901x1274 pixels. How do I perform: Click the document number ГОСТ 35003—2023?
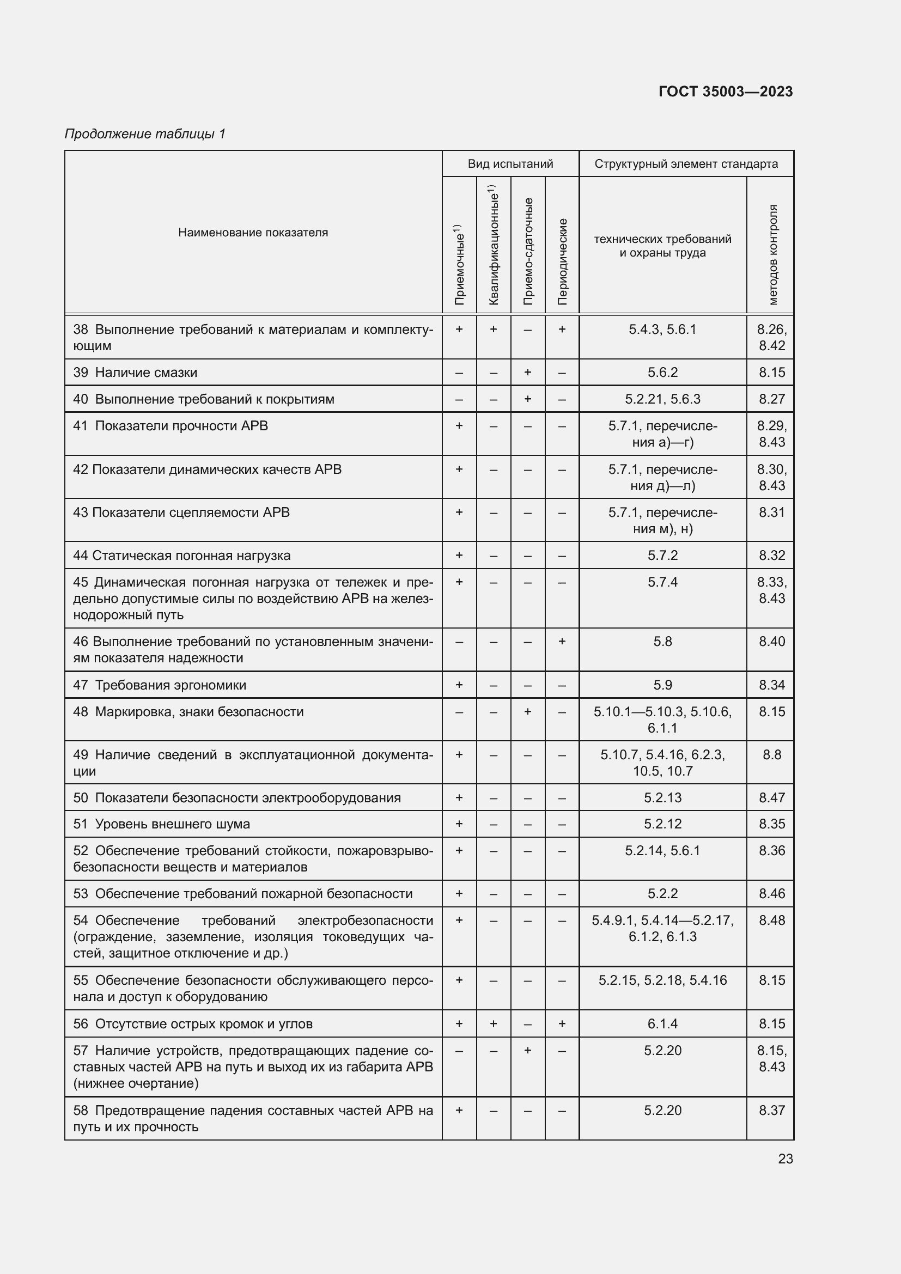[725, 92]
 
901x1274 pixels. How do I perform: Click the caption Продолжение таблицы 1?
[145, 134]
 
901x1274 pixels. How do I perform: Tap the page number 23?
[785, 1159]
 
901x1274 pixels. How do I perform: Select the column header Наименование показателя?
[253, 233]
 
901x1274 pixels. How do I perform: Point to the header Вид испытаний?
[510, 164]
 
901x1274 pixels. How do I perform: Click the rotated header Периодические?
[562, 261]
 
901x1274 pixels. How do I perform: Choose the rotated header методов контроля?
[772, 255]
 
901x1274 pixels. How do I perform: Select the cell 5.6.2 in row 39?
[662, 373]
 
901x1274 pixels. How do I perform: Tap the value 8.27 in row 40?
[772, 399]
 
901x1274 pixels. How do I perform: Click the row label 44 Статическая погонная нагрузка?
[181, 556]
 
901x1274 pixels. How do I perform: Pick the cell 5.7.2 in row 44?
[662, 556]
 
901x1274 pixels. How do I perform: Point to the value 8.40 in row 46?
[772, 642]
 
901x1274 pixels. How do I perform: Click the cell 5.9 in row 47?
[662, 685]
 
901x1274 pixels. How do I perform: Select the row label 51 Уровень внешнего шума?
[161, 824]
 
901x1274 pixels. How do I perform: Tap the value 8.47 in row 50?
[772, 797]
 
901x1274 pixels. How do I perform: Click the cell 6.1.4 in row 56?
[662, 1024]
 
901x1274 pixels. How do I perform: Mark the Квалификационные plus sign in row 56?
[493, 1024]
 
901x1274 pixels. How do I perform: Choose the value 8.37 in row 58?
[772, 1111]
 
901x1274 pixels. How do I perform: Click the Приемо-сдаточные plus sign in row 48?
[528, 711]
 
